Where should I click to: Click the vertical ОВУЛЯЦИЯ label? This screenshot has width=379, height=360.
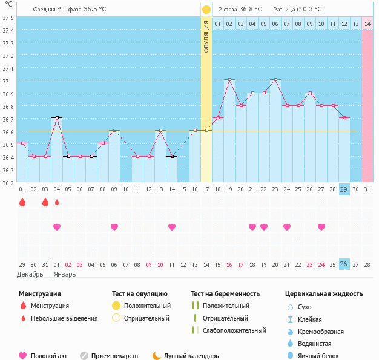(x=206, y=36)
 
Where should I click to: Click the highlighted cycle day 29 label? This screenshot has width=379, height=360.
(x=344, y=189)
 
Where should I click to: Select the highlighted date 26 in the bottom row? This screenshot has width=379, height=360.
(x=344, y=264)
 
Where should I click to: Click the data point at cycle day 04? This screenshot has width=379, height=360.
(x=57, y=117)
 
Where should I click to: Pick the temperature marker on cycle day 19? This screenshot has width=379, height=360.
(x=229, y=79)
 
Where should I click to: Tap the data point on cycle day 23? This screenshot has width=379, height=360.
(x=275, y=79)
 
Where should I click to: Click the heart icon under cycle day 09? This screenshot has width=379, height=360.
(x=114, y=227)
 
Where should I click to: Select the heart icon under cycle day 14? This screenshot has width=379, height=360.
(x=172, y=227)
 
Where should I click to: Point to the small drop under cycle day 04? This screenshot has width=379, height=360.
(x=57, y=202)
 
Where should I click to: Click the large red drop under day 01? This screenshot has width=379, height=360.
(x=22, y=202)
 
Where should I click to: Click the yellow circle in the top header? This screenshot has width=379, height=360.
(x=206, y=10)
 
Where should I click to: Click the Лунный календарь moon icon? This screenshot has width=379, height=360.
(x=156, y=356)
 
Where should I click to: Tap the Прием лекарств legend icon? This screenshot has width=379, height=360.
(x=84, y=356)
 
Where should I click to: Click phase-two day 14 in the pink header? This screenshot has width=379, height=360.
(x=367, y=24)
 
